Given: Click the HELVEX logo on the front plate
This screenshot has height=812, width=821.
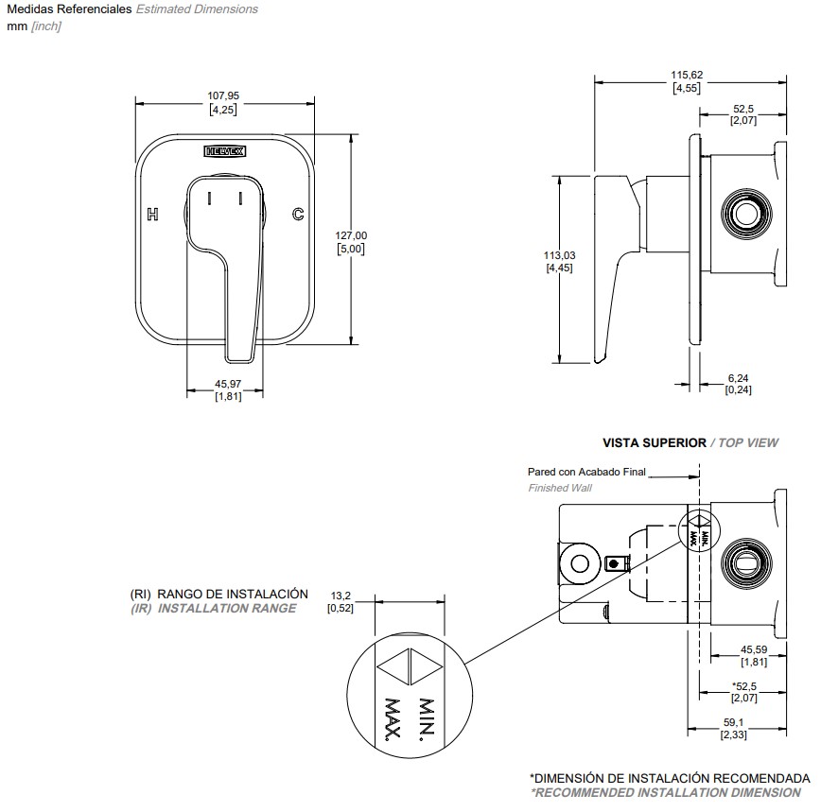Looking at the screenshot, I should (x=224, y=150).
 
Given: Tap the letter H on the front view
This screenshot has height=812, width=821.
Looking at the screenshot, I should (x=153, y=215).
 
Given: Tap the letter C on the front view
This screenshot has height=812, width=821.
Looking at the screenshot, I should (x=297, y=215).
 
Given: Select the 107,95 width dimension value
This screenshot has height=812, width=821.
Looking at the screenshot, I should (x=223, y=95).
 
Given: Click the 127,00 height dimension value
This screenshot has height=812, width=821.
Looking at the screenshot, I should (x=351, y=235).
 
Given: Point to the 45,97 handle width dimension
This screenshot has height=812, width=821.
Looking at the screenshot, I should (x=228, y=383).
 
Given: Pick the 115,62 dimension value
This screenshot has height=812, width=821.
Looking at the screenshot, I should (x=687, y=75).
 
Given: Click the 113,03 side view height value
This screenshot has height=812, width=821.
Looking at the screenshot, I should (x=559, y=255).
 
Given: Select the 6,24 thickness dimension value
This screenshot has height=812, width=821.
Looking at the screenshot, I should (x=738, y=377).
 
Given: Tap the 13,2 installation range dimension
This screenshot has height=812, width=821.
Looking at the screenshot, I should (x=341, y=596).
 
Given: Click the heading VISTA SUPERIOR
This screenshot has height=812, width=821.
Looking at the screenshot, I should (x=655, y=442).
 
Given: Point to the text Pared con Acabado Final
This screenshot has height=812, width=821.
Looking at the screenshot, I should (x=586, y=472).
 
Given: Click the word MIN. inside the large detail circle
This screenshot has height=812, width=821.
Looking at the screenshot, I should (x=425, y=718).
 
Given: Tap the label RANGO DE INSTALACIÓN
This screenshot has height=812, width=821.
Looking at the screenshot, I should (x=233, y=594).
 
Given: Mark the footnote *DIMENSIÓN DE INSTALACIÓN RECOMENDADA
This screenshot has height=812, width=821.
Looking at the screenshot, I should (x=670, y=778).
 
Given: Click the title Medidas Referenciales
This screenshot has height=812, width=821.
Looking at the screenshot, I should (x=68, y=9).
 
